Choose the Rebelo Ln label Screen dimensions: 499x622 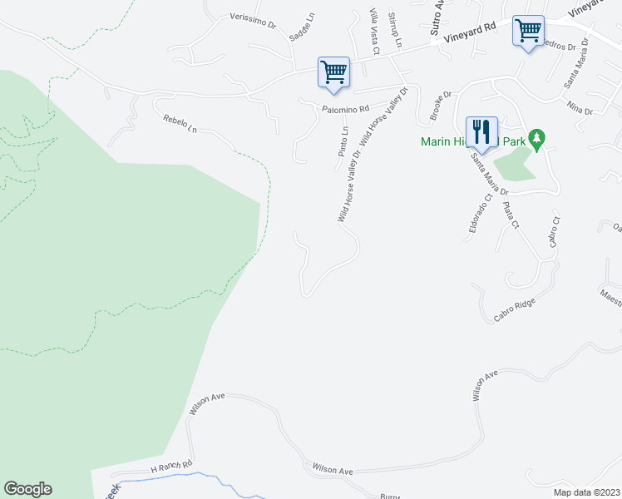click(180, 124)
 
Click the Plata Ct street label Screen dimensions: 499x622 click(511, 214)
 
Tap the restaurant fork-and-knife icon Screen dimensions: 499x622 click(481, 131)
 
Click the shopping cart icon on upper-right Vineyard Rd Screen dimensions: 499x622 click(528, 31)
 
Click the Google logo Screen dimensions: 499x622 click(27, 489)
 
